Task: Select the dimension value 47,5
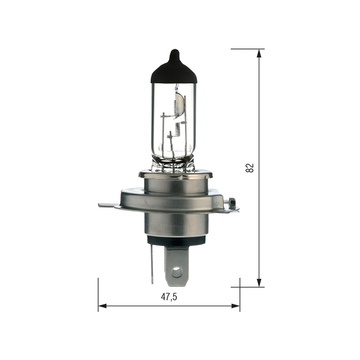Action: (169, 297)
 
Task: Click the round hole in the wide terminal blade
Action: (176, 272)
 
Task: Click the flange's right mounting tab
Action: (231, 204)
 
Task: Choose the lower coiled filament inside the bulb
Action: (177, 129)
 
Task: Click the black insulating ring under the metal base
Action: (176, 240)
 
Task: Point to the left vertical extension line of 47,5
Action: (98, 293)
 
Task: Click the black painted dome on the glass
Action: (174, 72)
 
